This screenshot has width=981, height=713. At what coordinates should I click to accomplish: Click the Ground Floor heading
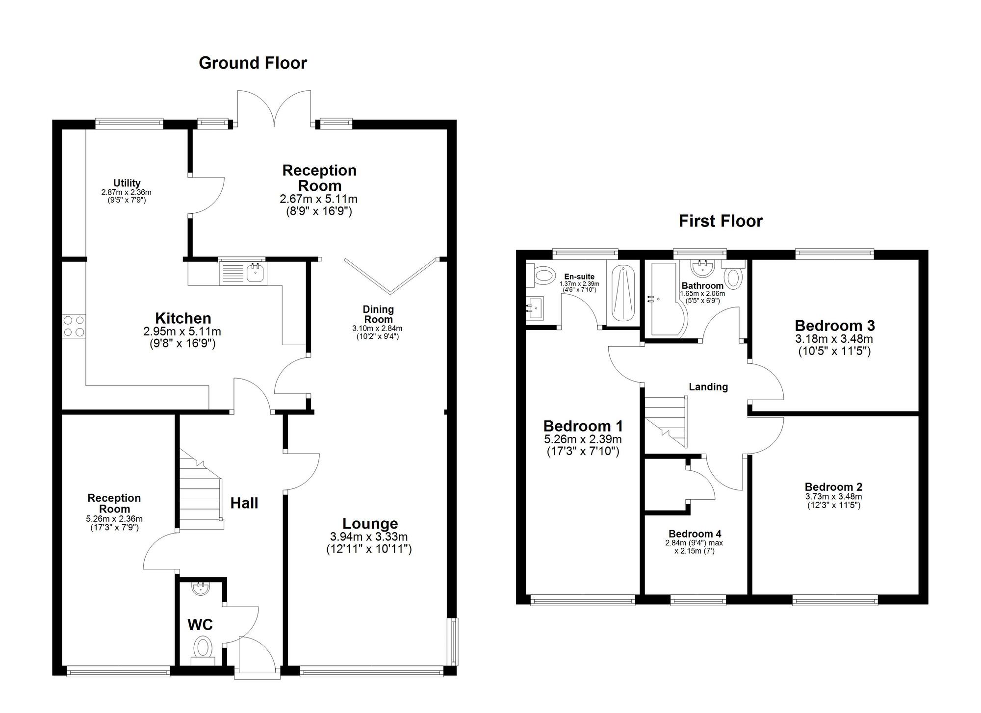pyautogui.click(x=253, y=63)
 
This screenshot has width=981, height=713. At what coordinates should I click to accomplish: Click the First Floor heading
pyautogui.click(x=721, y=221)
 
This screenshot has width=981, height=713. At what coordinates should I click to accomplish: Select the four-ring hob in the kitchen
pyautogui.click(x=74, y=326)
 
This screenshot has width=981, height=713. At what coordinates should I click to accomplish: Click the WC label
pyautogui.click(x=200, y=625)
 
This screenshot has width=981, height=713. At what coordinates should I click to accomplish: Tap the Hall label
pyautogui.click(x=244, y=503)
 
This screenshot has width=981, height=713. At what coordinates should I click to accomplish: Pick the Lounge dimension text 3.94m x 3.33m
pyautogui.click(x=369, y=537)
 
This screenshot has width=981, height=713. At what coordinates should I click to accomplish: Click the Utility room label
pyautogui.click(x=127, y=183)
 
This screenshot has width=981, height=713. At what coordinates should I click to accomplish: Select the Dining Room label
pyautogui.click(x=378, y=314)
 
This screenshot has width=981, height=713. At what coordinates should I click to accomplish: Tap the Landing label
pyautogui.click(x=708, y=387)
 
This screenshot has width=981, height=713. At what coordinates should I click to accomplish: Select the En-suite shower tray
pyautogui.click(x=621, y=294)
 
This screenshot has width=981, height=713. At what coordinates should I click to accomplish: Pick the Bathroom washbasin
pyautogui.click(x=703, y=268)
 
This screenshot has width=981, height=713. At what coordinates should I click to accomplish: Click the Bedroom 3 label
pyautogui.click(x=835, y=326)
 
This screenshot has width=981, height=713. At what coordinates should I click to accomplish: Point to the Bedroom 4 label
pyautogui.click(x=695, y=534)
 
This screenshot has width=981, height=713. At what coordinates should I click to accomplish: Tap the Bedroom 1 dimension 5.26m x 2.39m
pyautogui.click(x=583, y=439)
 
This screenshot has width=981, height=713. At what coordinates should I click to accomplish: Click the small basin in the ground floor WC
pyautogui.click(x=200, y=588)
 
